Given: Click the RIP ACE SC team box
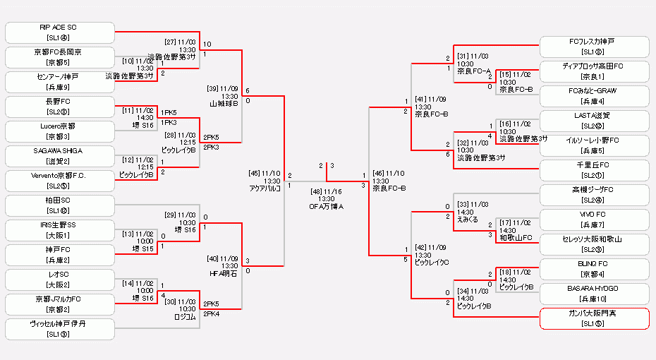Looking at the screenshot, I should coord(59,32).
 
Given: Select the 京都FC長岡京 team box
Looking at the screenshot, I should coord(59,57).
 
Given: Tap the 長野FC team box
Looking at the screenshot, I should coord(59,107).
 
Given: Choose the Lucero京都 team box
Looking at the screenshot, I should coord(59,131).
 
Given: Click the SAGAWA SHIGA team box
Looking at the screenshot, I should coord(59,156).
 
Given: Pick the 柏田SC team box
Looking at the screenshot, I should coord(59,205).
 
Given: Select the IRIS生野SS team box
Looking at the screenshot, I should coord(59,230).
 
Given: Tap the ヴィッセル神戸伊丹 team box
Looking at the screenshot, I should coord(59,329).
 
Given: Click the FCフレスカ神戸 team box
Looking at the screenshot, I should coord(594,47).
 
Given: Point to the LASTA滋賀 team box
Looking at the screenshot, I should coord(594,121).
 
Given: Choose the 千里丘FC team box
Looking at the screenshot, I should coord(594,170).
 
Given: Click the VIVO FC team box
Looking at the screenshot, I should coord(594,220).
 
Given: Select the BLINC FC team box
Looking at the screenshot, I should coord(594,269).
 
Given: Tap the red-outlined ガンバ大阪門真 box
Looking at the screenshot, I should coord(594,318).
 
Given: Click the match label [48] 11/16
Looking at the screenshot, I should coord(326,191).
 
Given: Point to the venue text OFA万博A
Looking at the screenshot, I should coord(326,206).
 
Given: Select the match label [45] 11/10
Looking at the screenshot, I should coord(265,172).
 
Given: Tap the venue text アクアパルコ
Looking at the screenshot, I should coord(265,188).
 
